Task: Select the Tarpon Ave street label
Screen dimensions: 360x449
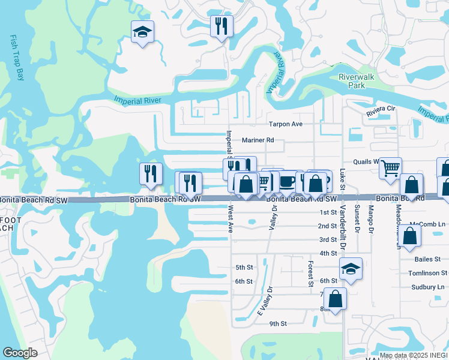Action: pos(285,124)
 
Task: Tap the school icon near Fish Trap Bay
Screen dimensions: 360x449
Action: pos(143,32)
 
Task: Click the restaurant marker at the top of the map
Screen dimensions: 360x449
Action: pos(221,26)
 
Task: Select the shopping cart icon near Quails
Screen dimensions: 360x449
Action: pos(390,169)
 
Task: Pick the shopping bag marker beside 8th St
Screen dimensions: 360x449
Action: pos(337,298)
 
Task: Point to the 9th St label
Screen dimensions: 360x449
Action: pos(278,323)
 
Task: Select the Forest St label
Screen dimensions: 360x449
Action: pos(311,274)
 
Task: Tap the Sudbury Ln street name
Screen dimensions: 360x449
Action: pos(427,287)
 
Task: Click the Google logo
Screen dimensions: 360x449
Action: pos(20,353)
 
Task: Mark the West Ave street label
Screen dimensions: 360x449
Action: pos(230,220)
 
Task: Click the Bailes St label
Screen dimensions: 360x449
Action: pos(427,259)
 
